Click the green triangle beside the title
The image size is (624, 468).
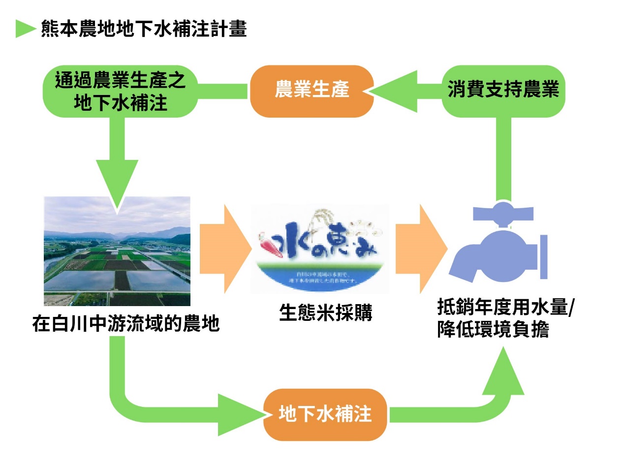point(25,29)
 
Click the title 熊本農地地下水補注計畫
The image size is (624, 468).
point(143,29)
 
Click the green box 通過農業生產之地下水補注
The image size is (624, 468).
point(121,91)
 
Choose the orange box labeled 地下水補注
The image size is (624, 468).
point(325,414)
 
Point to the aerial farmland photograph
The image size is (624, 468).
point(117,251)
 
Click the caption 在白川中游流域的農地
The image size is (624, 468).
point(126,324)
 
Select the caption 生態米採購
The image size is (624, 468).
point(325,313)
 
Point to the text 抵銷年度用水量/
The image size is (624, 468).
point(506,309)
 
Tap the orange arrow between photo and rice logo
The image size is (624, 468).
point(224,249)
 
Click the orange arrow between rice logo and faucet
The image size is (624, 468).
point(421,249)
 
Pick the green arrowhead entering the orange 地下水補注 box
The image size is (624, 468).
point(241,414)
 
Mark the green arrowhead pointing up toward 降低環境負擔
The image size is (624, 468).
point(503,372)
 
